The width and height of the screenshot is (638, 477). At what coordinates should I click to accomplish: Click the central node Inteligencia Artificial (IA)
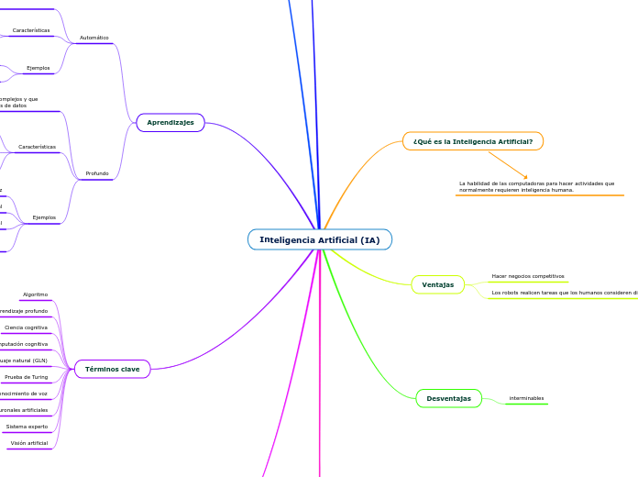(319, 239)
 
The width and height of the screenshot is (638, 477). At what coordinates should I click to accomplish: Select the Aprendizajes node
(170, 122)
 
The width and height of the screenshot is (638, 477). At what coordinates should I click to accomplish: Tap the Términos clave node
(112, 369)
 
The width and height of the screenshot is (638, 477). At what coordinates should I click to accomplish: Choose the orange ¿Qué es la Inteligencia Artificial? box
(472, 141)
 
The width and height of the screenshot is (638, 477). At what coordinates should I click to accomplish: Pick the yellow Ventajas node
(437, 285)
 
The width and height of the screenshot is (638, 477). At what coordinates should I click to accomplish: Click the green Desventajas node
(448, 398)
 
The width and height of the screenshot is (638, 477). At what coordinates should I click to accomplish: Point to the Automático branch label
(94, 38)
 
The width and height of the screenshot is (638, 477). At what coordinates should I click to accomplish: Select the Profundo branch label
(97, 172)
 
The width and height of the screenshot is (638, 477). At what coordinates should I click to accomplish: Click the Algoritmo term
(36, 294)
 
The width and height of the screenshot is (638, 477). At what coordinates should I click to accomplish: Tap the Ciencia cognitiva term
(27, 327)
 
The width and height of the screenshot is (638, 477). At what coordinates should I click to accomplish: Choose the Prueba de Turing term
(27, 377)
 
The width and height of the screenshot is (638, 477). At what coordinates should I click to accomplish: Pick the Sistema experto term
(27, 427)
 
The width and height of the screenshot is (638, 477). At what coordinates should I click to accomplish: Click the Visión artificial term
(29, 443)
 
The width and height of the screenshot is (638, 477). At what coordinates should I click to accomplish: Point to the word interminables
(526, 398)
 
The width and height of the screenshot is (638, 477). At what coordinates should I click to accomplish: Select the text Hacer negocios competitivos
(528, 275)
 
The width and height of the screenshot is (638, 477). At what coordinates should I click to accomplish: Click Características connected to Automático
(31, 30)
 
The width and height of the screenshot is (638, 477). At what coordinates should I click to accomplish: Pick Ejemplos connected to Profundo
(44, 217)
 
